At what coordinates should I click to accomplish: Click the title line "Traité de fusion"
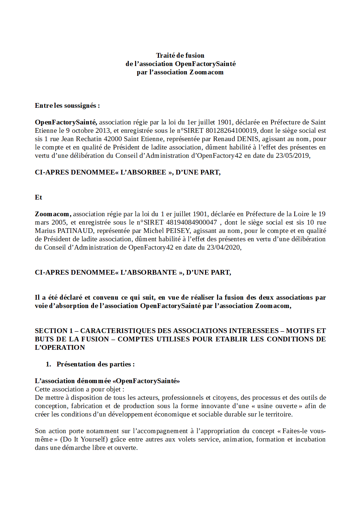pyautogui.click(x=180, y=56)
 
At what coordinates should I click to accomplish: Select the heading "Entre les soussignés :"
pyautogui.click(x=67, y=106)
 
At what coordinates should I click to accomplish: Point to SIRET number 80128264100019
pyautogui.click(x=231, y=131)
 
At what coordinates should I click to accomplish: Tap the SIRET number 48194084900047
pyautogui.click(x=191, y=222)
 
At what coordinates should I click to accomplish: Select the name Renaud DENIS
pyautogui.click(x=236, y=139)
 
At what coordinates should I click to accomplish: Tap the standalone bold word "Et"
pyautogui.click(x=38, y=197)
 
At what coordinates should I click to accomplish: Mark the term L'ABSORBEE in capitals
pyautogui.click(x=143, y=172)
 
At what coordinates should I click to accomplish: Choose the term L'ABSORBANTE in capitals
pyautogui.click(x=148, y=272)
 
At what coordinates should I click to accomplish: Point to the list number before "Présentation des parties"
pyautogui.click(x=48, y=364)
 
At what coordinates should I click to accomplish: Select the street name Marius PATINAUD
pyautogui.click(x=64, y=231)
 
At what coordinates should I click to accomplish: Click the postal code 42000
pyautogui.click(x=112, y=139)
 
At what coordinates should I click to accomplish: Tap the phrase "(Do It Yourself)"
pyautogui.click(x=84, y=439)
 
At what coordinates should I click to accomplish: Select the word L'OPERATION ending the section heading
pyautogui.click(x=60, y=348)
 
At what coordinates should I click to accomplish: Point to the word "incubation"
pyautogui.click(x=310, y=439)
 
